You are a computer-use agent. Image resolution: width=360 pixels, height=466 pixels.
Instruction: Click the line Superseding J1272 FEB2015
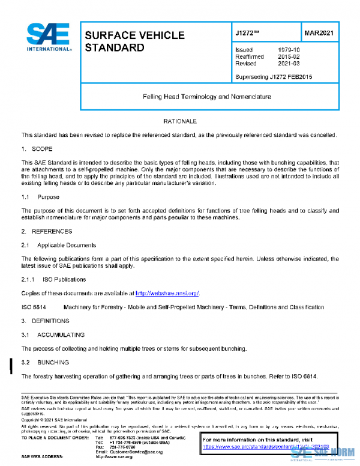[x=274, y=77]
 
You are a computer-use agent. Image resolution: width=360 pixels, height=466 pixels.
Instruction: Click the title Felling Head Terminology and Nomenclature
[x=206, y=96]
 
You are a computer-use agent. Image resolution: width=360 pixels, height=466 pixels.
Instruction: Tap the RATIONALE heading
[x=180, y=122]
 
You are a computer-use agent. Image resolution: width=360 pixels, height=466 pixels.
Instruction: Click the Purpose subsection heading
[x=47, y=196]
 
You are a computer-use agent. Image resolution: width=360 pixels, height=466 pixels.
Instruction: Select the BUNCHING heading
[x=53, y=363]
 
